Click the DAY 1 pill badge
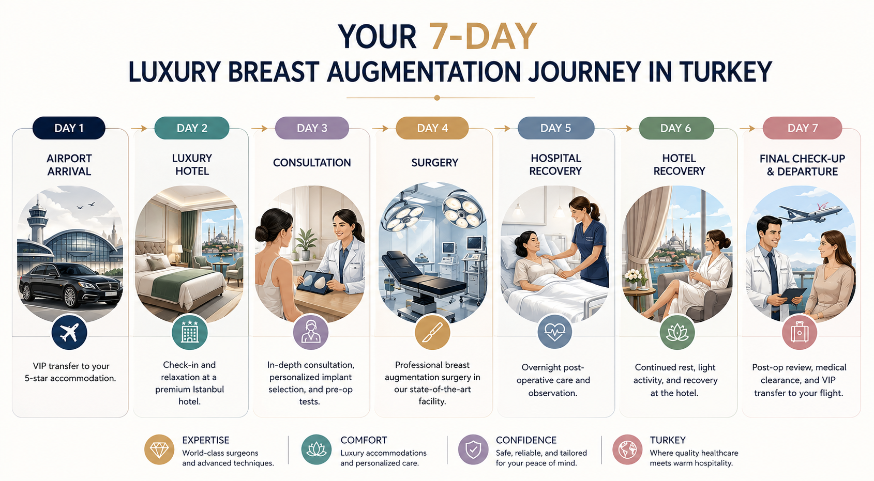click(x=69, y=128)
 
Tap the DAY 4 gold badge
click(x=432, y=128)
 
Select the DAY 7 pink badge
click(x=802, y=128)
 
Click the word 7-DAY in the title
click(x=483, y=36)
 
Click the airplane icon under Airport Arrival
click(x=69, y=333)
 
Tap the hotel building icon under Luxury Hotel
click(x=190, y=332)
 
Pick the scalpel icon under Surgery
click(x=432, y=332)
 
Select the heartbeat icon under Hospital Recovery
click(x=555, y=332)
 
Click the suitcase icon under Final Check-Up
click(x=800, y=333)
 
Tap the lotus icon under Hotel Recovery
click(x=677, y=332)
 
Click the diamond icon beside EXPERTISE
click(x=159, y=449)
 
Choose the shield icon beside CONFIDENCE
click(x=473, y=449)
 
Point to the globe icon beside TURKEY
click(x=627, y=449)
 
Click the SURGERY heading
click(x=434, y=163)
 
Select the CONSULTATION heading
click(x=312, y=163)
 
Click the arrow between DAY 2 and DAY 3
click(x=259, y=128)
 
